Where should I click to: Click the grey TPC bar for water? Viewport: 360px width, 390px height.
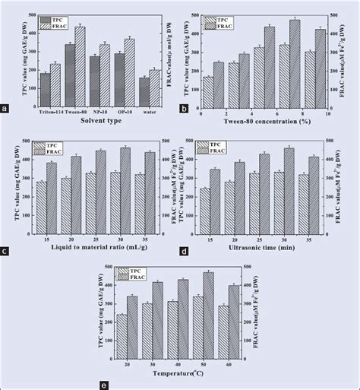(x=144, y=92)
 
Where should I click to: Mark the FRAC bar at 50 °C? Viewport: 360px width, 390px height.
(x=208, y=315)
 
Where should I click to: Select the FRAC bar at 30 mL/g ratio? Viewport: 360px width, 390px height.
(x=125, y=190)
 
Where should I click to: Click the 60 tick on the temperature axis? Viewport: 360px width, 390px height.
(x=228, y=364)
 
